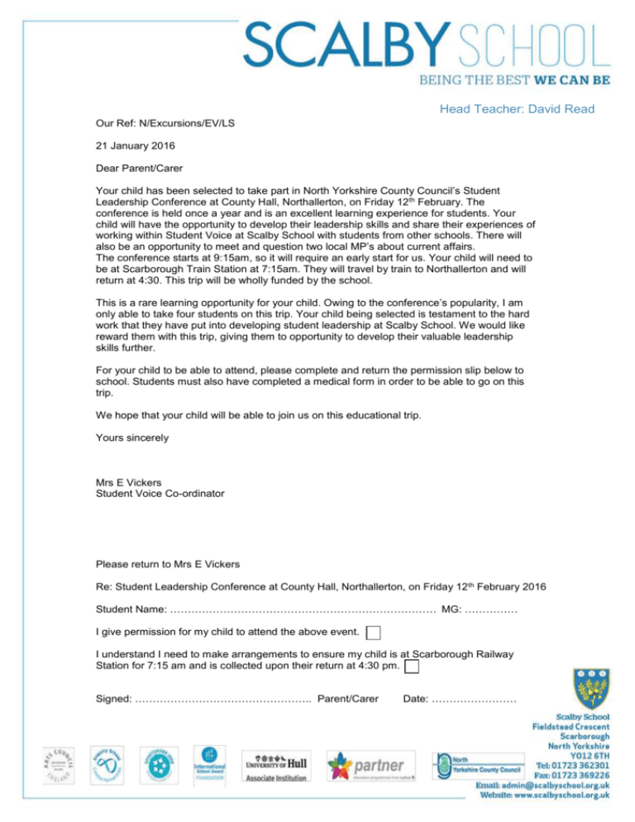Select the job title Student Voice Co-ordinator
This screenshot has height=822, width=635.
pos(172,494)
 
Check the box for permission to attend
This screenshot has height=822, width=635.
pos(375,633)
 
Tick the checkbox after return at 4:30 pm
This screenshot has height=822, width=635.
pos(411,667)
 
